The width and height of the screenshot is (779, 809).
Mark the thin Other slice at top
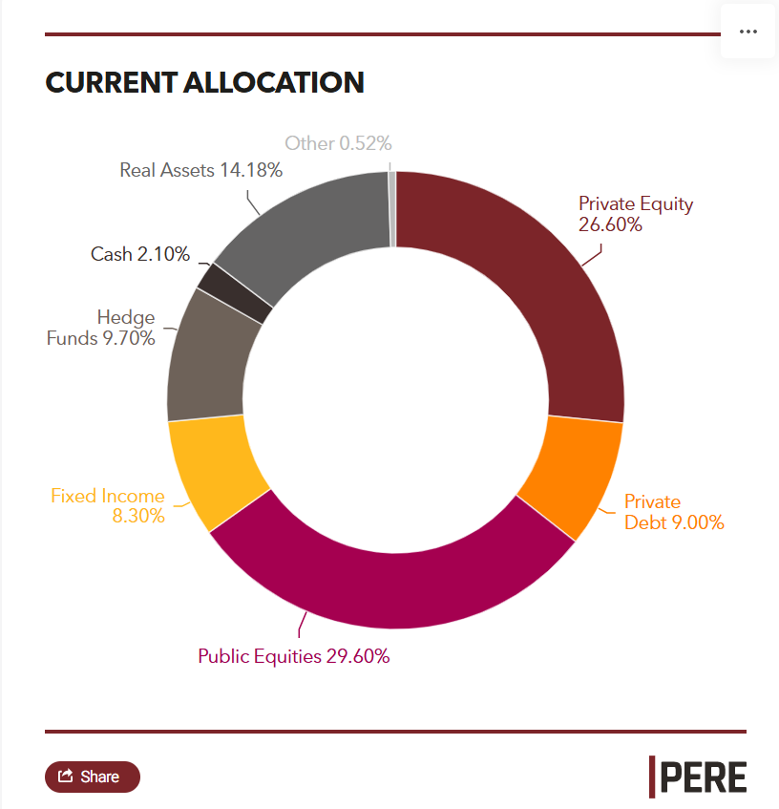(392, 209)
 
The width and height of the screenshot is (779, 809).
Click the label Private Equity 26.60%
(636, 214)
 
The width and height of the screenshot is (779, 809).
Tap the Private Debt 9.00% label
(674, 512)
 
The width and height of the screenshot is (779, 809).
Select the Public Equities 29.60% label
(293, 656)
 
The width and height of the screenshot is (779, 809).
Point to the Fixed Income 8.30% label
(108, 506)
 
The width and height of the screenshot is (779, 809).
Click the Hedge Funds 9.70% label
(101, 327)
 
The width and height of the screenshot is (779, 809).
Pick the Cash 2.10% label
(140, 254)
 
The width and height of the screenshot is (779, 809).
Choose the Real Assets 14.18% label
(200, 170)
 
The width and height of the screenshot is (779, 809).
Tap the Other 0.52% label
(338, 143)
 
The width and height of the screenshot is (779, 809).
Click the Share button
(92, 777)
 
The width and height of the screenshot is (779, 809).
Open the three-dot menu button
(747, 32)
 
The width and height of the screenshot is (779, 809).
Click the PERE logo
(698, 776)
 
